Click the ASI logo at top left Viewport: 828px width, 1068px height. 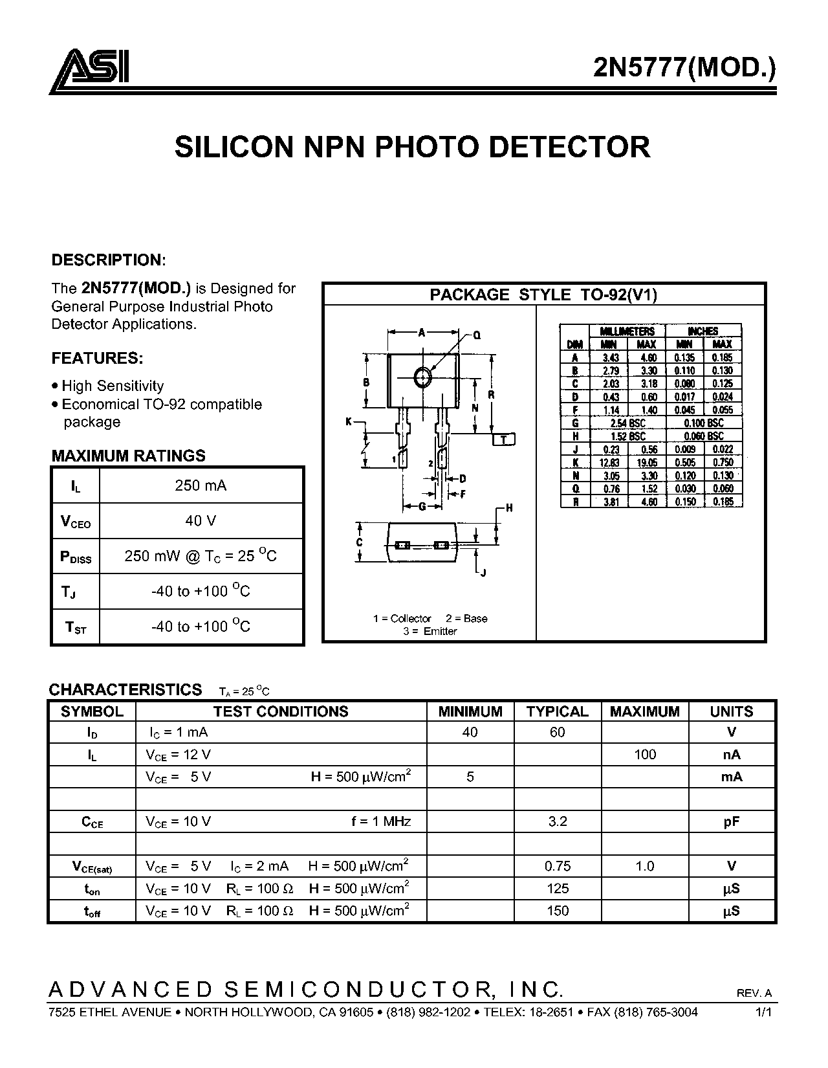tap(89, 71)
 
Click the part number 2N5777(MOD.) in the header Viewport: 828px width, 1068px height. tap(684, 67)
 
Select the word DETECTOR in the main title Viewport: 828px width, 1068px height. tap(570, 147)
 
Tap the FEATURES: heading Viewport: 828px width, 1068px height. tap(97, 359)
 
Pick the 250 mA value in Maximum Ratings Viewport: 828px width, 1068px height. tap(201, 485)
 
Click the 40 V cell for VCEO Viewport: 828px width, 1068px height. tap(201, 520)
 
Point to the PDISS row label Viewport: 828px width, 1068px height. tap(76, 557)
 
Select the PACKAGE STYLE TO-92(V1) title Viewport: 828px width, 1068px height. tap(543, 295)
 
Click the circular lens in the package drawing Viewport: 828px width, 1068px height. tap(422, 377)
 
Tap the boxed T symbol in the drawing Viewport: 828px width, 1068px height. tap(504, 439)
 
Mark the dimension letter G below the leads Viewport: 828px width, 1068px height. tap(422, 507)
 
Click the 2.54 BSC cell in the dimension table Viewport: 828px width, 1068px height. tap(627, 423)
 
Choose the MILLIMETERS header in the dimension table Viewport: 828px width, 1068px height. tap(627, 331)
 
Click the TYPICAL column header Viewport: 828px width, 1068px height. tap(558, 711)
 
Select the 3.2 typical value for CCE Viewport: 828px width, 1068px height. tap(558, 821)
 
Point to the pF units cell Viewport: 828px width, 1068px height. tap(731, 822)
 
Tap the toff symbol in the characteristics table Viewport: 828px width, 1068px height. tap(92, 912)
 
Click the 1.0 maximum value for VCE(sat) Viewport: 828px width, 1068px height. tap(644, 866)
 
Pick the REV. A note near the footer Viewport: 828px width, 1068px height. tap(754, 993)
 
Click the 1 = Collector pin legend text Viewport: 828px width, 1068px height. tap(402, 618)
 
